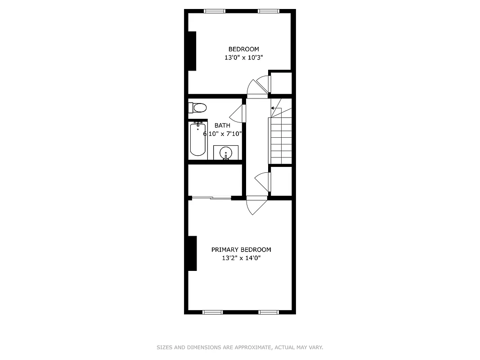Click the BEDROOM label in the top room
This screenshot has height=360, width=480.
(243, 49)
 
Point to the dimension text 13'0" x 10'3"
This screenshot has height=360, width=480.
(243, 58)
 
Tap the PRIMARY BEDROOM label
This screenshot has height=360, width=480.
(241, 250)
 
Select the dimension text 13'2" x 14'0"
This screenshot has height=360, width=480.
(241, 258)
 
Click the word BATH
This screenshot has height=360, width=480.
(222, 126)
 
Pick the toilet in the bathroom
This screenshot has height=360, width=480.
(198, 108)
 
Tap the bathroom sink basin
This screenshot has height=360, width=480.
(225, 153)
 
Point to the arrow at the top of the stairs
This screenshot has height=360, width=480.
(273, 108)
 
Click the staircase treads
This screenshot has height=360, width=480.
(281, 140)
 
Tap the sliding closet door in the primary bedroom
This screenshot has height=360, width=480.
(211, 198)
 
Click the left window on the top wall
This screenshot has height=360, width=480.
(215, 11)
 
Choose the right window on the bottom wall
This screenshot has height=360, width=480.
(269, 312)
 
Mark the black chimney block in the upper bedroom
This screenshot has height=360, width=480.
(192, 50)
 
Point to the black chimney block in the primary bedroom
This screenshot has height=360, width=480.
(192, 253)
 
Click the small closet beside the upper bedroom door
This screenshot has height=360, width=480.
(281, 83)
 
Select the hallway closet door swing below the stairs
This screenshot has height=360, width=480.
(263, 181)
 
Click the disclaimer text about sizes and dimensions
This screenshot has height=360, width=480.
(240, 347)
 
